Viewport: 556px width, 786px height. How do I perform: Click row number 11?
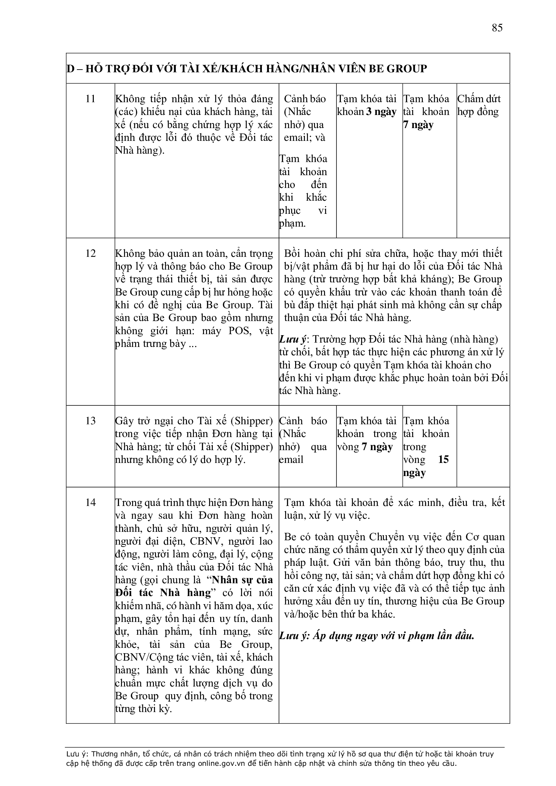pos(90,99)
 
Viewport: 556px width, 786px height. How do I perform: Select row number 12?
pos(90,254)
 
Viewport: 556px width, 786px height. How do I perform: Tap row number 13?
pos(90,421)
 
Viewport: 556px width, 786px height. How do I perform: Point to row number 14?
pos(90,503)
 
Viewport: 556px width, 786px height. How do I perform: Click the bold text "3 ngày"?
pos(381,112)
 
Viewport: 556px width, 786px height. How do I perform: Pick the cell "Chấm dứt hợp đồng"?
pos(479,106)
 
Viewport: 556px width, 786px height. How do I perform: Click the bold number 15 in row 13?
pos(443,460)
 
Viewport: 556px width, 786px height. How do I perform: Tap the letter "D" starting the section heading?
pos(70,69)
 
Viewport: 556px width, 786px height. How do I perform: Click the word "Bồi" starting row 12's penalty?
pos(292,254)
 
